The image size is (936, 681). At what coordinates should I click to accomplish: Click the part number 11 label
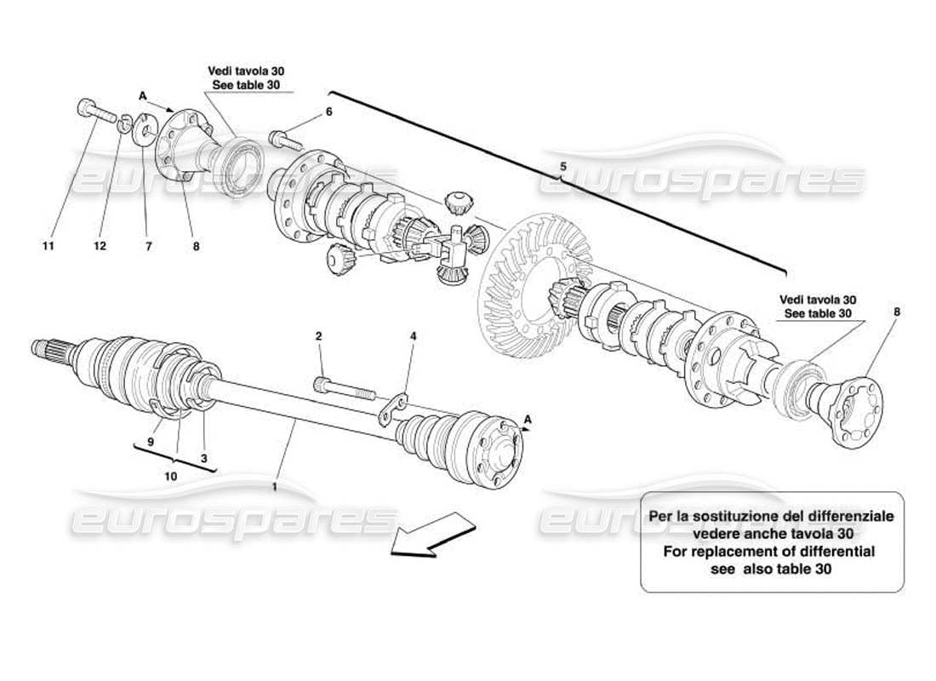pos(49,247)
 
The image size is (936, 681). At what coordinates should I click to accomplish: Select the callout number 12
pos(100,247)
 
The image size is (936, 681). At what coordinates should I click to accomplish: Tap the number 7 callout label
pos(148,247)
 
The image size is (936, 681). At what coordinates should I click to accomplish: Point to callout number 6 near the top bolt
pos(328,112)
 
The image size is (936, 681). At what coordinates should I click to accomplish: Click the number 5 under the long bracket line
pos(562,166)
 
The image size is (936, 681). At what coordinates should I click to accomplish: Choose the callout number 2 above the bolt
pos(318,337)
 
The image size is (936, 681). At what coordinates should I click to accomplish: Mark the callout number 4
pos(413,337)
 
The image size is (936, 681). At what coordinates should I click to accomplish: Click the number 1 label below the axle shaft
pos(275,488)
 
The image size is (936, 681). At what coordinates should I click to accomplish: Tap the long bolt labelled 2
pos(344,388)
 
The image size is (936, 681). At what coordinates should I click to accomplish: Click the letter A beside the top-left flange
pos(143,96)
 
